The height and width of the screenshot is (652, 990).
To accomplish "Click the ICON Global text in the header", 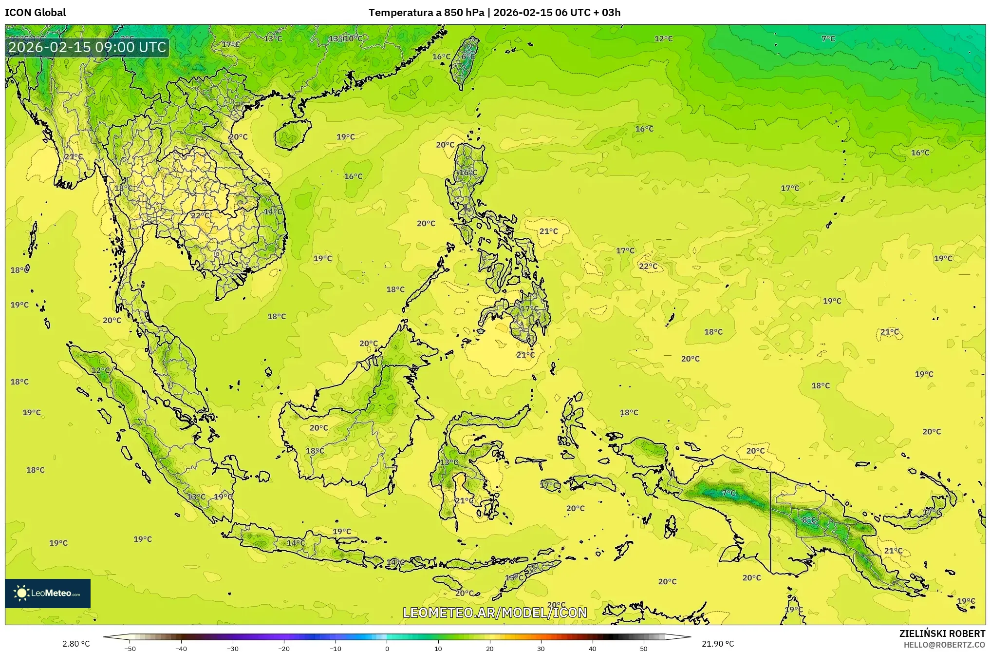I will click(35, 13).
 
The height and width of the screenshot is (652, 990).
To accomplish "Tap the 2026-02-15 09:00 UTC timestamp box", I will click(88, 47).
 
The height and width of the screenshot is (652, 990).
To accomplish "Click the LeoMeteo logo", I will click(48, 593).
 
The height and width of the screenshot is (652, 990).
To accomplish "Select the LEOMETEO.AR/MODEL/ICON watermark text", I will click(495, 613).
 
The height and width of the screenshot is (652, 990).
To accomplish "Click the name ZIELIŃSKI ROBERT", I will click(942, 633).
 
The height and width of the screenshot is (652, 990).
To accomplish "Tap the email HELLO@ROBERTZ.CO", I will click(944, 645).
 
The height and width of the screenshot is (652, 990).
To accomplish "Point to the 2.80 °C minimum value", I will click(76, 644).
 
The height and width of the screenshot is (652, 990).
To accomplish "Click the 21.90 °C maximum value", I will click(717, 644).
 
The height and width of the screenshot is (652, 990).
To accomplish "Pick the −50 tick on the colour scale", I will click(130, 649).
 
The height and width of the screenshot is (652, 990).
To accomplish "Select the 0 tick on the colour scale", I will click(387, 649).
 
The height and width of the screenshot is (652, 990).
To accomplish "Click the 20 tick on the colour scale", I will click(489, 649).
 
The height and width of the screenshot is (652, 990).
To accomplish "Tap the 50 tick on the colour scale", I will click(644, 649).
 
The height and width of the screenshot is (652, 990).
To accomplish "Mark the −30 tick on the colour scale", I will click(233, 649).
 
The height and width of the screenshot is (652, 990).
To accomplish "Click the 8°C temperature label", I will click(809, 520).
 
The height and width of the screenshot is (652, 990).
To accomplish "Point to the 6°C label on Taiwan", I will click(468, 57).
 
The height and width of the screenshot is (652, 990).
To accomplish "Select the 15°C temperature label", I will click(514, 577).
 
